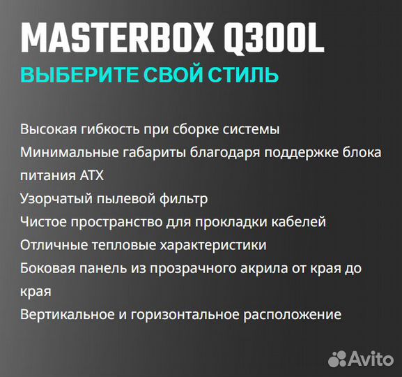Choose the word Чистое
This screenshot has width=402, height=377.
tap(43, 222)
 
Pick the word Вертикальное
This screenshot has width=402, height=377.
tap(67, 314)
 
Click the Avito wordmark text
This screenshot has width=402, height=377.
tap(370, 359)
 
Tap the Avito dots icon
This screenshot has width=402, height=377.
tap(338, 359)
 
